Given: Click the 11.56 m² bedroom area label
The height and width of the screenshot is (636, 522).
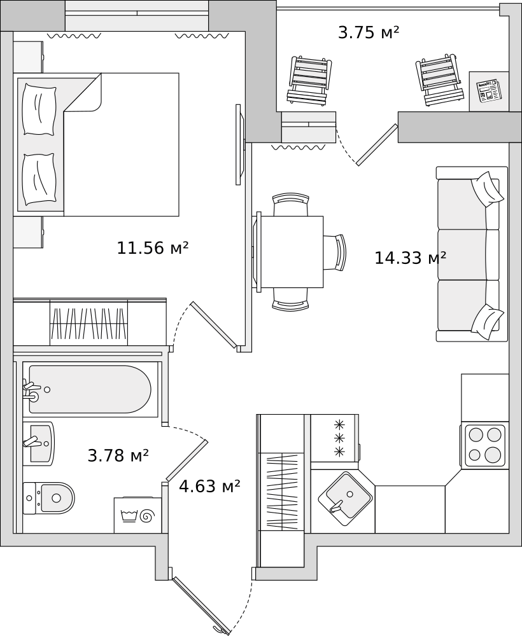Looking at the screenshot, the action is click(153, 248).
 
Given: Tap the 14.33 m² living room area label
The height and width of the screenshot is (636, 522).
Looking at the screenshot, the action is click(410, 258).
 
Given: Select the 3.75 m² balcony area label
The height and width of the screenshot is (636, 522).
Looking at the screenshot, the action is click(369, 32).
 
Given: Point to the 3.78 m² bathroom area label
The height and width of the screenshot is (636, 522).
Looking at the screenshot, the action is click(118, 455).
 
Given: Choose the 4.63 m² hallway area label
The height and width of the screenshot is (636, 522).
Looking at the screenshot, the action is click(209, 485).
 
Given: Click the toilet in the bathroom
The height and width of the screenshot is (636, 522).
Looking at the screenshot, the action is click(49, 498).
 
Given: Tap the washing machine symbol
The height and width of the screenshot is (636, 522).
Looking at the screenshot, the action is click(138, 515).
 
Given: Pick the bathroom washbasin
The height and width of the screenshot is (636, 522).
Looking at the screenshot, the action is click(38, 443).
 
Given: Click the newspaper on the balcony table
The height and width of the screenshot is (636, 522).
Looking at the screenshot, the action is click(489, 91).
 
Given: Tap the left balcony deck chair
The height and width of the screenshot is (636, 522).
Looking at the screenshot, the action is click(309, 80).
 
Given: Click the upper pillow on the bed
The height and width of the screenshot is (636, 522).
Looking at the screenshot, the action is click(39, 109).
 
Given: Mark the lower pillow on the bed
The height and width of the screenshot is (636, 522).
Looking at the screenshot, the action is click(39, 179).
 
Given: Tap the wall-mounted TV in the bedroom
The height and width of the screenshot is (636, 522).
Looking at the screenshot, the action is click(240, 145).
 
